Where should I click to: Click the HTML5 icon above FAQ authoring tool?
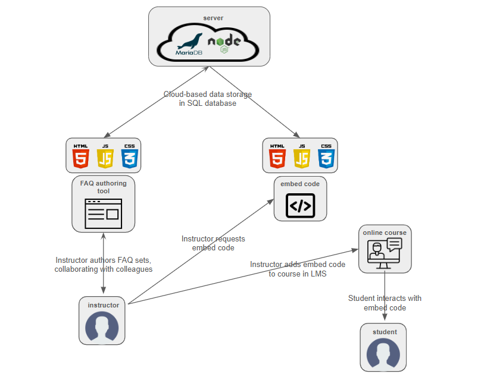point(80,156)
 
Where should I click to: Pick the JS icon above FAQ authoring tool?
point(105,156)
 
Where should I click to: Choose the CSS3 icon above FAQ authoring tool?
point(129,156)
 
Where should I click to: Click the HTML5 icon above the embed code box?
point(277,156)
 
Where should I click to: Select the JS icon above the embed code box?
point(301,156)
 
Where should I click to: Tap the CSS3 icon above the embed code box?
point(326,156)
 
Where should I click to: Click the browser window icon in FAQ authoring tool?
point(103,213)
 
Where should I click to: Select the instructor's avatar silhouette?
point(102,327)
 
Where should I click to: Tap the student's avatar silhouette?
point(383,354)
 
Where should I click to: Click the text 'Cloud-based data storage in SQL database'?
point(207,99)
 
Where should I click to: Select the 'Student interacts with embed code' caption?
point(385,303)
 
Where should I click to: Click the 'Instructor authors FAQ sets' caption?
point(104,265)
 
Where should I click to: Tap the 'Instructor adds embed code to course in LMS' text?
point(297,269)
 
